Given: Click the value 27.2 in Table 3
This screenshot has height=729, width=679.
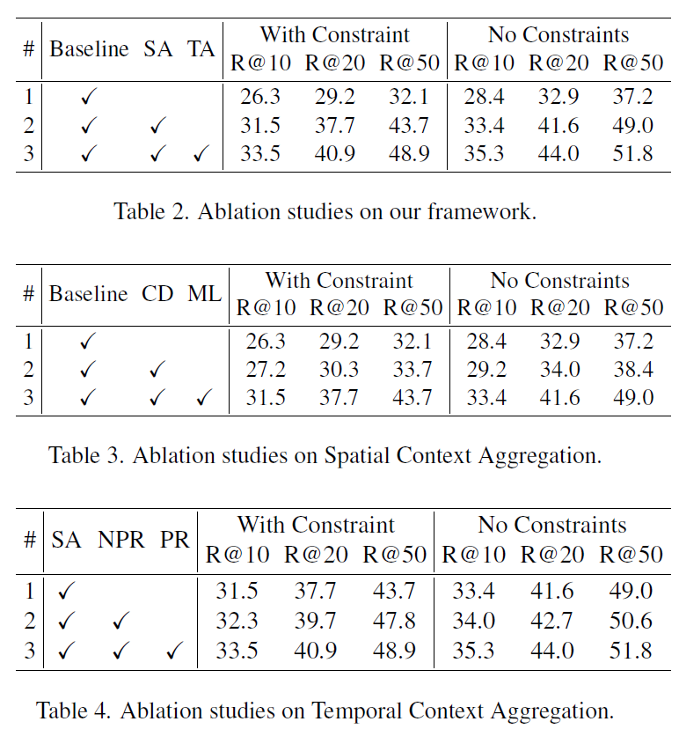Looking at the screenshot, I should coord(266,368).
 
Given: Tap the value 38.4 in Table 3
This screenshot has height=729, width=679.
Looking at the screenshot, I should coord(635,368).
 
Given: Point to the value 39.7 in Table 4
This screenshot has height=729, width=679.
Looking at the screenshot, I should coord(315,621).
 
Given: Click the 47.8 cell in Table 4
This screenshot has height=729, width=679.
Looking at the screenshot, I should coord(394,621).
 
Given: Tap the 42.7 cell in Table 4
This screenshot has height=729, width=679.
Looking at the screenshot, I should coord(553,621).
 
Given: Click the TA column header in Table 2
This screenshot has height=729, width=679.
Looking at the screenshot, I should coord(201,48).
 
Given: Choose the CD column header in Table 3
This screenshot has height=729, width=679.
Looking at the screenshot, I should coord(157,294).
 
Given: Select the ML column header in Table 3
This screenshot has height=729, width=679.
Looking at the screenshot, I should coord(204,294).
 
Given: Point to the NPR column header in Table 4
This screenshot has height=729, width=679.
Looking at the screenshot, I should coord(120,539).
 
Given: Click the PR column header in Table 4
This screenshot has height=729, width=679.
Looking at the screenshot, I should coord(174,539).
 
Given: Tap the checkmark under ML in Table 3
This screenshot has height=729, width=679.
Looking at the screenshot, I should coord(203,399).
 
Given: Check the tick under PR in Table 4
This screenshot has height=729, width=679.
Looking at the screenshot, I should coord(173,652).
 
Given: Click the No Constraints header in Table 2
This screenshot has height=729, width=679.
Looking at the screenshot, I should coord(559,35).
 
